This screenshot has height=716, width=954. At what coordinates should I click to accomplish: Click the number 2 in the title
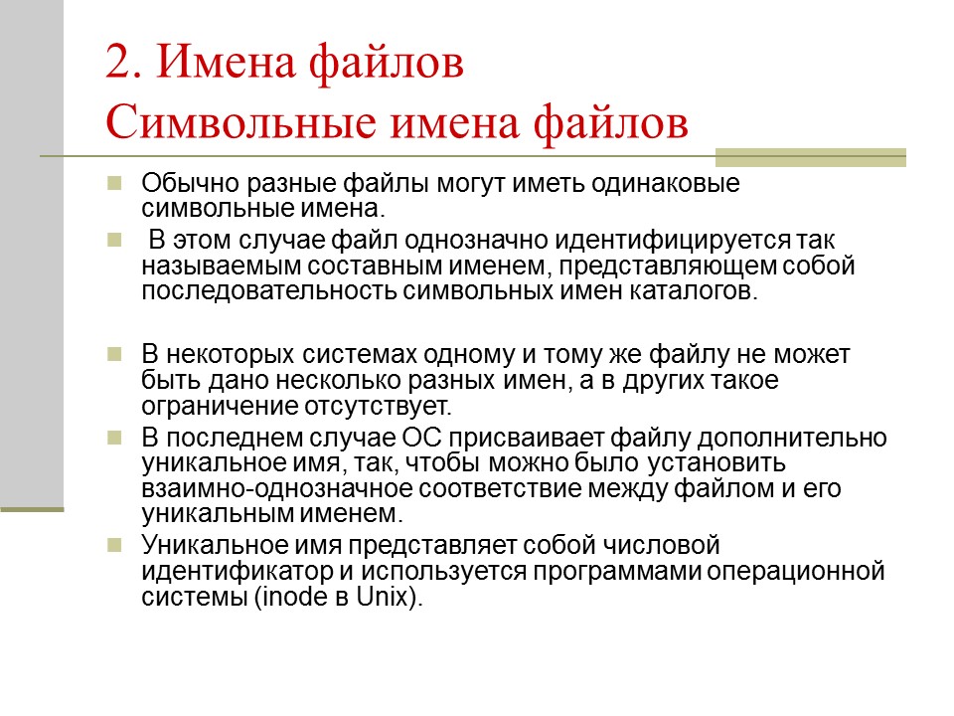(118, 68)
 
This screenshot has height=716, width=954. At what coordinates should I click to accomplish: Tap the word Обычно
(180, 185)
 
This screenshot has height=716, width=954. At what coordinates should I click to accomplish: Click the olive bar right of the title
(811, 157)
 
